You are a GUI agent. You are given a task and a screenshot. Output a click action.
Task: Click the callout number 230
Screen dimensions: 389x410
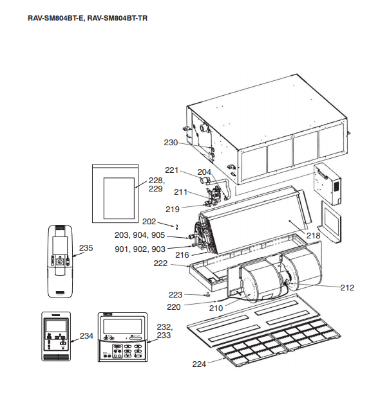click(171, 143)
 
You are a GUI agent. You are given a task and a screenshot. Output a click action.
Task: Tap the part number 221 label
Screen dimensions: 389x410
click(171, 170)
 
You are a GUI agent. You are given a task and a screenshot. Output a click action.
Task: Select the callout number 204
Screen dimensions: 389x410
click(204, 172)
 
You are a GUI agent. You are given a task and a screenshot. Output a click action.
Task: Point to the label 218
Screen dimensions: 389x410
click(313, 236)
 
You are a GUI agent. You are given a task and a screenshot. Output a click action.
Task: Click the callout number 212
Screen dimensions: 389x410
click(347, 288)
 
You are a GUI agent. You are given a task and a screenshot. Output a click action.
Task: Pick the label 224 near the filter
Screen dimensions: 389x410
click(199, 364)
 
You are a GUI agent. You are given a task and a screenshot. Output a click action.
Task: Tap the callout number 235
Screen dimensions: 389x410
click(86, 248)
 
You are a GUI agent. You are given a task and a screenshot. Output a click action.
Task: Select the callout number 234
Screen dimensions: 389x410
click(86, 335)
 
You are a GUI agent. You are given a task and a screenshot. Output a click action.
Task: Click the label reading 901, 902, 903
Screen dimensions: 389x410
click(140, 249)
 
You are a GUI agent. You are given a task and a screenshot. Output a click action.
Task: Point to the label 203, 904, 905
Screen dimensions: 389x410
click(140, 235)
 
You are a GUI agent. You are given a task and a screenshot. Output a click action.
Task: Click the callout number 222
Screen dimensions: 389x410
click(160, 263)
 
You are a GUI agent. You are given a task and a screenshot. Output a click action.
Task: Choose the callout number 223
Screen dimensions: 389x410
click(175, 295)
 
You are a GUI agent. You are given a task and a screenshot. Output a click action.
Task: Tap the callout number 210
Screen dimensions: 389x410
click(216, 308)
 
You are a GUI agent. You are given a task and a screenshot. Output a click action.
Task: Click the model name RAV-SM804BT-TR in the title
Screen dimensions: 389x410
click(117, 18)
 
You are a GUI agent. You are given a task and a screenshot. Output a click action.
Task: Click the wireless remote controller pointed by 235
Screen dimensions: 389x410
click(60, 261)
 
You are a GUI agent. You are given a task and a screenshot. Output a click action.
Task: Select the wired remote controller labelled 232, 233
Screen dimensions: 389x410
click(122, 337)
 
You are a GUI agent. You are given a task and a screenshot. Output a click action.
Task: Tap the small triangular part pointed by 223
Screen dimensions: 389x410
click(207, 295)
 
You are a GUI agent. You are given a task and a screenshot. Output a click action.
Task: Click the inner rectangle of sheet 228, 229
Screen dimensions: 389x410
click(119, 198)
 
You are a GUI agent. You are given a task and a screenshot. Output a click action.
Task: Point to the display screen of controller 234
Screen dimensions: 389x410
click(56, 325)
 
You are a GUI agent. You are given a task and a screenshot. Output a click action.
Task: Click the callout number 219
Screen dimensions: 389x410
click(173, 209)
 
